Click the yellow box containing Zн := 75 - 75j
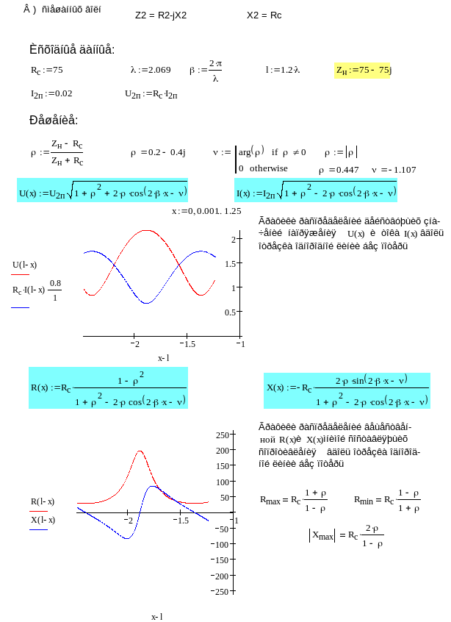click(x=363, y=71)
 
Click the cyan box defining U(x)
click(x=102, y=194)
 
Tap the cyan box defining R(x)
click(x=108, y=387)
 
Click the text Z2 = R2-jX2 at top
click(x=161, y=15)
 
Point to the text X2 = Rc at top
click(x=264, y=15)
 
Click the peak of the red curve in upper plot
click(x=147, y=231)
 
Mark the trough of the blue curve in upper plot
click(x=147, y=302)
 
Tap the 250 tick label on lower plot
click(x=221, y=435)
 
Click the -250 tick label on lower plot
click(x=220, y=591)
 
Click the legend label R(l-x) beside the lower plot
click(x=42, y=501)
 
